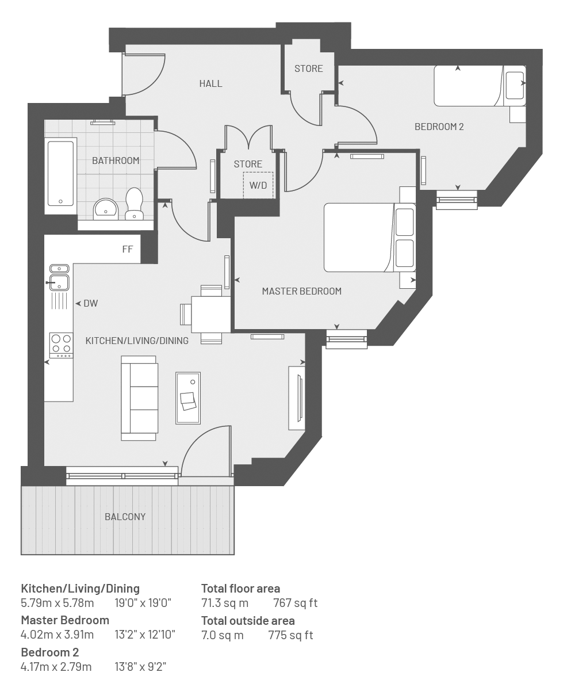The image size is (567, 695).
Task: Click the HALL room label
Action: (x=210, y=83)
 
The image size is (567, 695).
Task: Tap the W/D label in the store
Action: (x=258, y=185)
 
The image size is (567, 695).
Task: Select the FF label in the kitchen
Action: (x=128, y=249)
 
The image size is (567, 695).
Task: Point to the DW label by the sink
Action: (x=91, y=303)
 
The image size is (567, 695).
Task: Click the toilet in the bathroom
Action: (x=134, y=204)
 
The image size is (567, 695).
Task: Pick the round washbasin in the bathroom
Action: (x=106, y=209)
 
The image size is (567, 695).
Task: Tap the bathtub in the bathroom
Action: (x=60, y=174)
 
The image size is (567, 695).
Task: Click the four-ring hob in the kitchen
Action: (x=62, y=345)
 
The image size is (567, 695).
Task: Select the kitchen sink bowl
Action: (x=59, y=282)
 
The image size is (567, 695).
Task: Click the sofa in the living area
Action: (x=139, y=398)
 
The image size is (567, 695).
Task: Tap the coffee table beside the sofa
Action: (x=188, y=398)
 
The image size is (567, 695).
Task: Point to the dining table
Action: (x=211, y=314)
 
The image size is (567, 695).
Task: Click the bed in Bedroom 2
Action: (x=480, y=86)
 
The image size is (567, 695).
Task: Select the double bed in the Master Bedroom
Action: (x=370, y=237)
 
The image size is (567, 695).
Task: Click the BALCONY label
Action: (x=125, y=517)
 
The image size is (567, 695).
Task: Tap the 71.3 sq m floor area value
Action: (x=225, y=603)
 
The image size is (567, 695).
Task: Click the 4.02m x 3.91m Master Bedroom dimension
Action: (x=58, y=635)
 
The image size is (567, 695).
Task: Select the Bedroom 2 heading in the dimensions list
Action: (x=50, y=652)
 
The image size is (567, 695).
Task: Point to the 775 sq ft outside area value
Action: (x=290, y=635)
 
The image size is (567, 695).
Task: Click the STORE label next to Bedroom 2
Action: (x=308, y=68)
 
